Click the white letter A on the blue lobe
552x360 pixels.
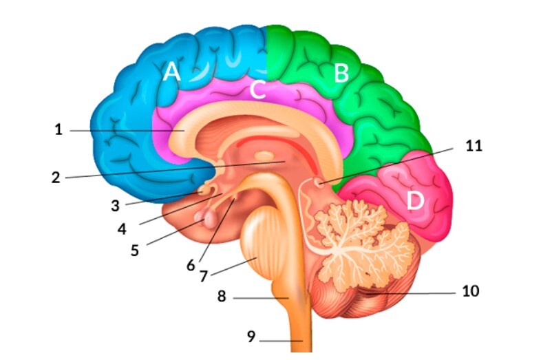pos(172,71)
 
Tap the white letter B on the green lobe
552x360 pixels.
pos(341,74)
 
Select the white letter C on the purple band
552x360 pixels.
pos(257,89)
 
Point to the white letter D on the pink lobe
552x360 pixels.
pos(415,201)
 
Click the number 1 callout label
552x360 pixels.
pos(59,129)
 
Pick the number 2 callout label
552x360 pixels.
pos(56,178)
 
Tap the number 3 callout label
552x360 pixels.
pos(115,206)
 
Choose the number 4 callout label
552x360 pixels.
pos(122,229)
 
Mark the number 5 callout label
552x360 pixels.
pos(134,251)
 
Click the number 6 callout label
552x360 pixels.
pos(191,265)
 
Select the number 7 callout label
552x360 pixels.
pos(204,276)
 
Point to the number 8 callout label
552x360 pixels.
pos(222,296)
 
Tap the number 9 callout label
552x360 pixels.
pos(251,337)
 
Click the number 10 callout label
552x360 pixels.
pos(471,291)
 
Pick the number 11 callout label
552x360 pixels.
pos(474,145)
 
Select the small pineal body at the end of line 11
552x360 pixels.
pos(319,182)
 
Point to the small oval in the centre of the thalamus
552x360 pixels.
pos(264,155)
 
